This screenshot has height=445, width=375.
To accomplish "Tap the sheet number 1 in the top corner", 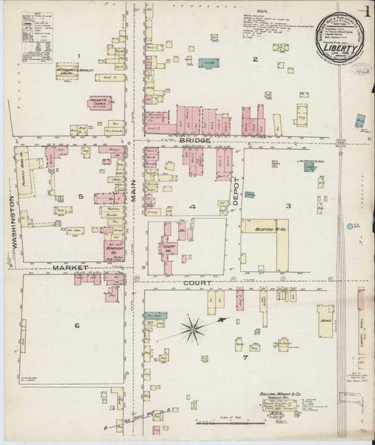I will coord(367,11).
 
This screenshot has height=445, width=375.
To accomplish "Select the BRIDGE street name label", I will coord(194,139).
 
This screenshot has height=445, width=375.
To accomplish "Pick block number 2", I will coord(254,59).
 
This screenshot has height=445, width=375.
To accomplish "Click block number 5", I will coord(81,197).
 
